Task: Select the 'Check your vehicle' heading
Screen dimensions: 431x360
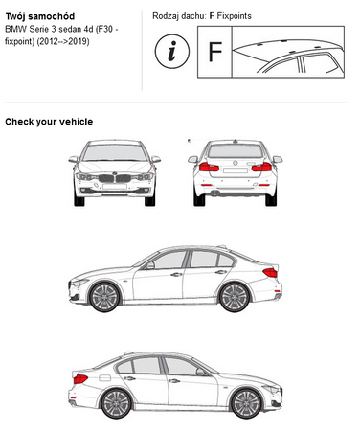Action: pos(49,121)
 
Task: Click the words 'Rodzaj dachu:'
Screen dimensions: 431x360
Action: pos(179,16)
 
